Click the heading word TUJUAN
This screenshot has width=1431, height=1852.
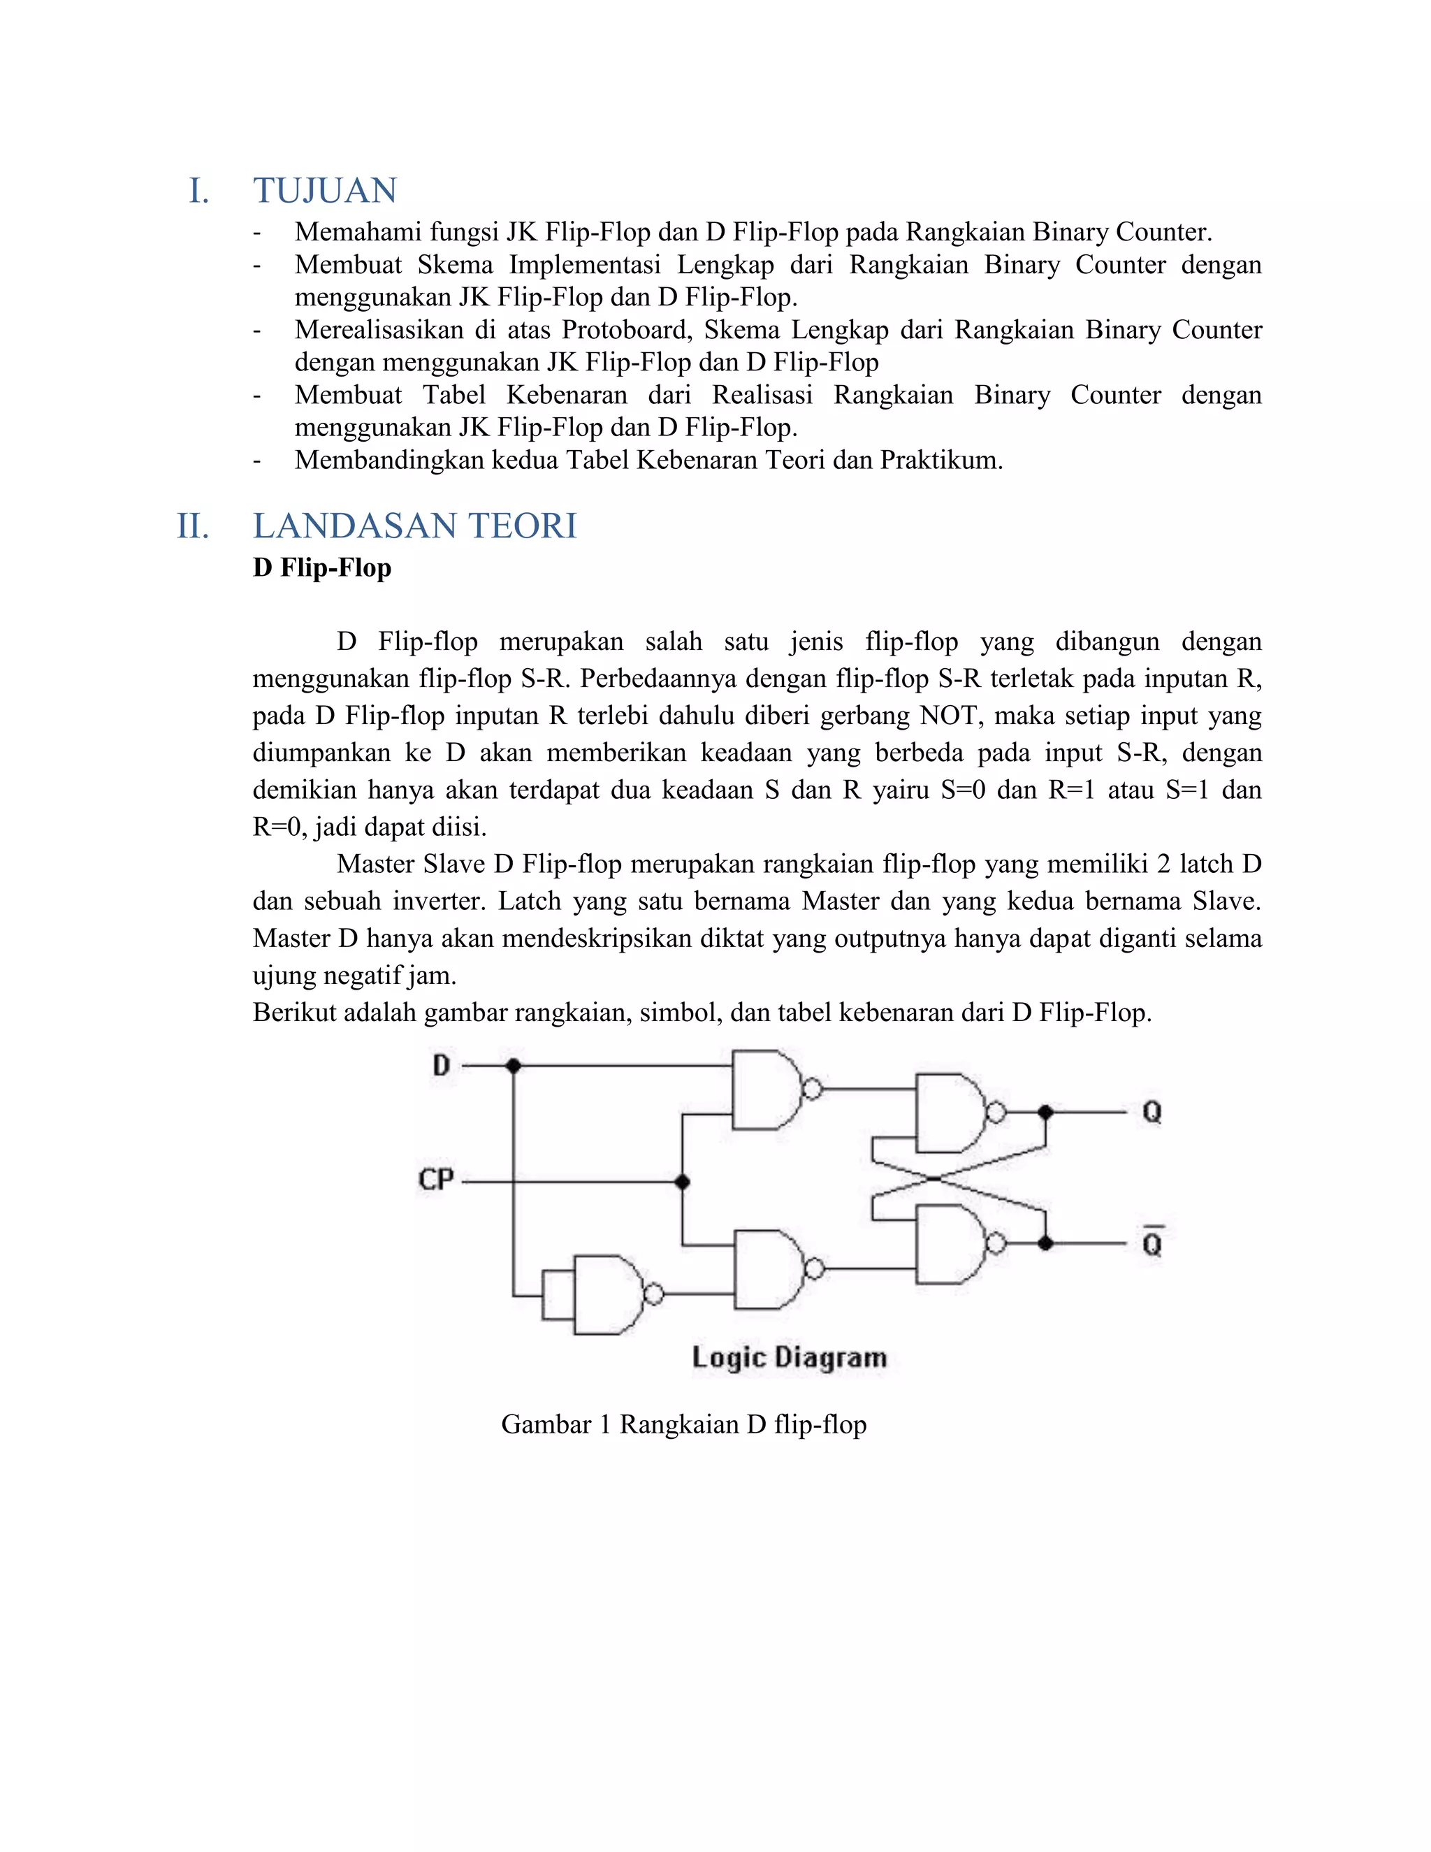325,191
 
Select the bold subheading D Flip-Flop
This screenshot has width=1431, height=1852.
322,567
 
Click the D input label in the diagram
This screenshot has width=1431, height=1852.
441,1066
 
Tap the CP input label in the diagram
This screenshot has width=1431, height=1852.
437,1180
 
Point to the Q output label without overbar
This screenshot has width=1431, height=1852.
1152,1112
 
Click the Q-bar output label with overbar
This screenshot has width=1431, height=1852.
1152,1243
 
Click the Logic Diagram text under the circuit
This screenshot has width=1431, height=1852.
790,1358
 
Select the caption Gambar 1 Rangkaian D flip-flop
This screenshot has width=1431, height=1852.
683,1424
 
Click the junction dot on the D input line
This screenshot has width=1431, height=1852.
513,1066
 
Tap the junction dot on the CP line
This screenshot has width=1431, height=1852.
683,1181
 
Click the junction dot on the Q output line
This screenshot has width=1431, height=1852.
1045,1112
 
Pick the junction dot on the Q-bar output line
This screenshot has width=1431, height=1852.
1045,1243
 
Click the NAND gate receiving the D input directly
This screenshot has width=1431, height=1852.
767,1090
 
